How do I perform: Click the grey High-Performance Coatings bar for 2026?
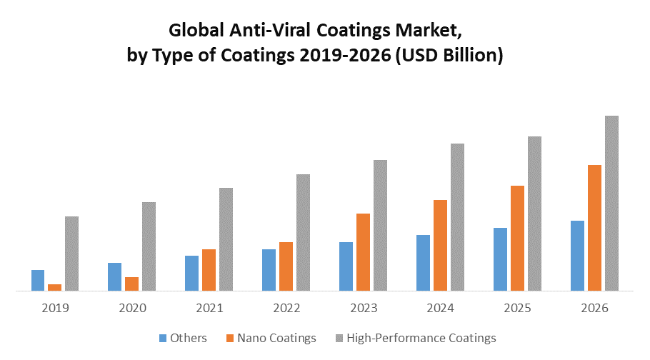click(x=611, y=203)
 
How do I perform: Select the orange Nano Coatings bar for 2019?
click(x=54, y=288)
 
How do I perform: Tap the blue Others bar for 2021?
click(x=191, y=273)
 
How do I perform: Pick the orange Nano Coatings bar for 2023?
click(x=363, y=252)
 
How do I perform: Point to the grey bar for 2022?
click(x=303, y=232)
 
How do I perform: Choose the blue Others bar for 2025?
click(x=500, y=259)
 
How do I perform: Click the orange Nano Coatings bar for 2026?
click(x=594, y=228)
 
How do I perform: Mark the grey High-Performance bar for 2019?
click(x=71, y=254)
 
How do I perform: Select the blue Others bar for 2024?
click(x=423, y=263)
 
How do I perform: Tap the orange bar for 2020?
click(x=131, y=284)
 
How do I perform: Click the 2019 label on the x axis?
click(x=55, y=308)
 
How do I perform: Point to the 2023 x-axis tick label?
click(x=364, y=308)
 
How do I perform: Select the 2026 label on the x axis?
click(x=595, y=308)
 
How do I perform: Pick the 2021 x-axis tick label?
click(x=209, y=308)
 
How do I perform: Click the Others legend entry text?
click(x=189, y=338)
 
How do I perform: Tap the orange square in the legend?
click(x=229, y=338)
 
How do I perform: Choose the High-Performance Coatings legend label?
click(x=421, y=338)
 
